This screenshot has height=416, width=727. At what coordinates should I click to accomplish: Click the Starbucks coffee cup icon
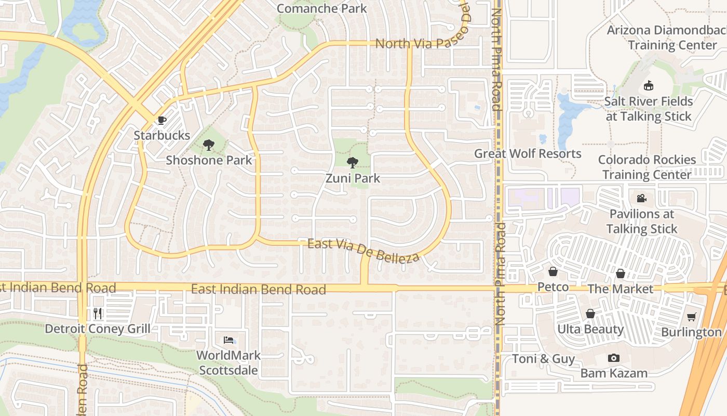pyautogui.click(x=162, y=121)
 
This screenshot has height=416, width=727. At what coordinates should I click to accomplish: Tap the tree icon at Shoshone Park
pyautogui.click(x=209, y=145)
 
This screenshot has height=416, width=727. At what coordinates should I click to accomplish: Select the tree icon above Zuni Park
pyautogui.click(x=353, y=163)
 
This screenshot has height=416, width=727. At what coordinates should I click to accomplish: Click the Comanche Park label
pyautogui.click(x=321, y=8)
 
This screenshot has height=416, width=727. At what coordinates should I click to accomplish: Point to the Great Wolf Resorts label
pyautogui.click(x=528, y=153)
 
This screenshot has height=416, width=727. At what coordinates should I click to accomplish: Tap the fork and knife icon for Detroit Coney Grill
pyautogui.click(x=98, y=313)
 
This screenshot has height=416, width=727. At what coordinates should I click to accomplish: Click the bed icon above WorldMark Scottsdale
pyautogui.click(x=229, y=340)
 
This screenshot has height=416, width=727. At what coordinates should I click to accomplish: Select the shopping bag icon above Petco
pyautogui.click(x=553, y=272)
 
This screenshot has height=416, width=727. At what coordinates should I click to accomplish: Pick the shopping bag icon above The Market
pyautogui.click(x=621, y=274)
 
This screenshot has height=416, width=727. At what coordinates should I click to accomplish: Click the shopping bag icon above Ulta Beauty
pyautogui.click(x=590, y=314)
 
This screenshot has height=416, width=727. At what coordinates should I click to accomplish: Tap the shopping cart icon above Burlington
pyautogui.click(x=691, y=317)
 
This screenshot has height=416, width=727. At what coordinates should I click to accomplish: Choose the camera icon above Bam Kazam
pyautogui.click(x=613, y=358)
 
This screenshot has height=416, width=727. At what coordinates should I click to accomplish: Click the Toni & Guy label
pyautogui.click(x=543, y=359)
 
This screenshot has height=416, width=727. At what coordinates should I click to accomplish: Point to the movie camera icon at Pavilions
pyautogui.click(x=641, y=198)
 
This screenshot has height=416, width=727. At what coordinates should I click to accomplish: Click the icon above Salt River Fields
pyautogui.click(x=648, y=86)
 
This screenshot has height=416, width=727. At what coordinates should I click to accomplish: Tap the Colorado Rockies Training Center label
pyautogui.click(x=647, y=167)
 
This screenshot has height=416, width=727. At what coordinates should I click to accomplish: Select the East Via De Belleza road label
pyautogui.click(x=363, y=250)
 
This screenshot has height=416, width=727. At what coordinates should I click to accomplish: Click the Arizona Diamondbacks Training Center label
pyautogui.click(x=667, y=37)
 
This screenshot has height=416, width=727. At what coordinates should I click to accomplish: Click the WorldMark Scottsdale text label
pyautogui.click(x=228, y=363)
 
